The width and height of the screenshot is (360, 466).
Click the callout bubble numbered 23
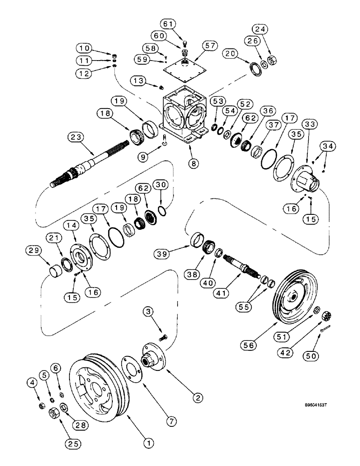(75, 137)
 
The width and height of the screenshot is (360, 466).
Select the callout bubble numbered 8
(191, 164)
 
